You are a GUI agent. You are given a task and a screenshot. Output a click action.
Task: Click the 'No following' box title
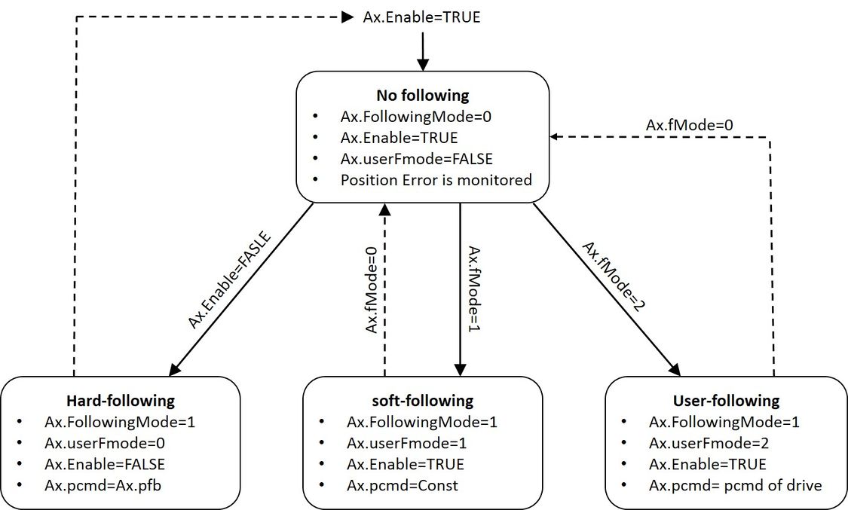point(422,96)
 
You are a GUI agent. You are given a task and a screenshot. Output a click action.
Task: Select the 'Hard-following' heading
point(121,400)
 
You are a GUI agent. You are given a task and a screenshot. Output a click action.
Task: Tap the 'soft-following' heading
point(424,400)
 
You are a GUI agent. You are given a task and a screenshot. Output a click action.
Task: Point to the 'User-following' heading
point(725,400)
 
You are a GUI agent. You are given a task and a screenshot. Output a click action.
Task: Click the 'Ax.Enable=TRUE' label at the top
point(421,17)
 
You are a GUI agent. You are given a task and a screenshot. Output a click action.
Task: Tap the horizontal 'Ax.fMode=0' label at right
point(690,125)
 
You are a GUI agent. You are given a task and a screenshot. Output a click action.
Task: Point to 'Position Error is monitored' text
point(436,180)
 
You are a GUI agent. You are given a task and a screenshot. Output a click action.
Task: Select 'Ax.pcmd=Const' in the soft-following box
point(402,485)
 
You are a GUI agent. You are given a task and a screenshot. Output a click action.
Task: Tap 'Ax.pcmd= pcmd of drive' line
point(735,485)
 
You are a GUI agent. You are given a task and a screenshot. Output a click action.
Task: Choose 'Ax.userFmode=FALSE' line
point(417,159)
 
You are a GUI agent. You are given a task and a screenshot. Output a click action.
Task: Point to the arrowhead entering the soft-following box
point(461,371)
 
